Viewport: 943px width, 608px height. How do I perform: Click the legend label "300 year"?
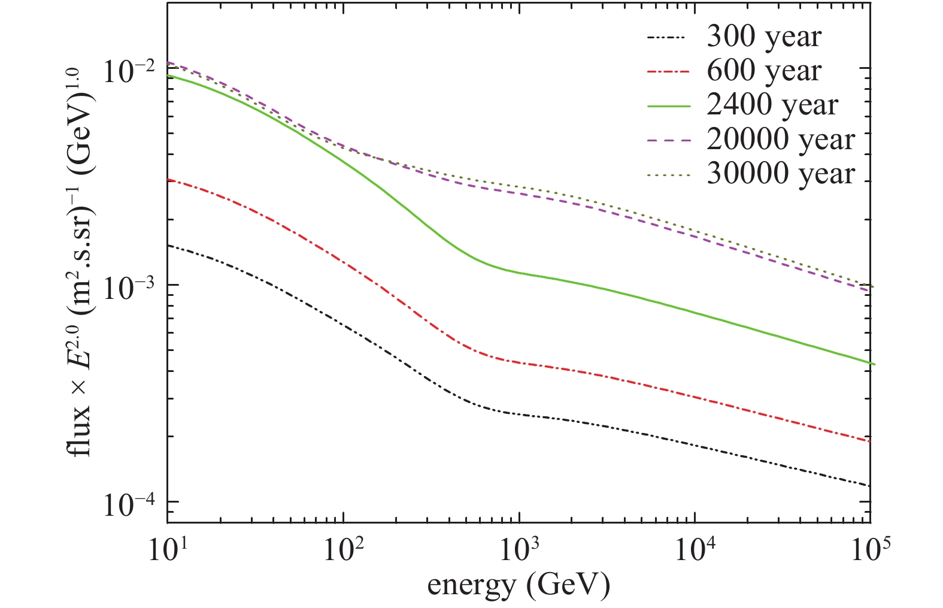[764, 38]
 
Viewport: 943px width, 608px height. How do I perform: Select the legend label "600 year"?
[764, 72]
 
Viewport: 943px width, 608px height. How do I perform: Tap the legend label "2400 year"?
[772, 106]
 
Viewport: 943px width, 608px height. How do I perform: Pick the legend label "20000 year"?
[781, 140]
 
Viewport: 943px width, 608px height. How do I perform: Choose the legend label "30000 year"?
[781, 174]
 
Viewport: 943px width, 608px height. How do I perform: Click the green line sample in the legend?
[668, 106]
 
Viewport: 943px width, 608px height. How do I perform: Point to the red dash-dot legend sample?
[668, 72]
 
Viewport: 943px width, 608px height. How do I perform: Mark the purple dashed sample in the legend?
[668, 140]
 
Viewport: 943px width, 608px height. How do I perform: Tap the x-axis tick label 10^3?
[519, 549]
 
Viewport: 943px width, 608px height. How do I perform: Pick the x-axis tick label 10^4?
[695, 549]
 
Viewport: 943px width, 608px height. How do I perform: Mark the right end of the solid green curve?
[874, 364]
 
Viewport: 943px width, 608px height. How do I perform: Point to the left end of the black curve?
[168, 245]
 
